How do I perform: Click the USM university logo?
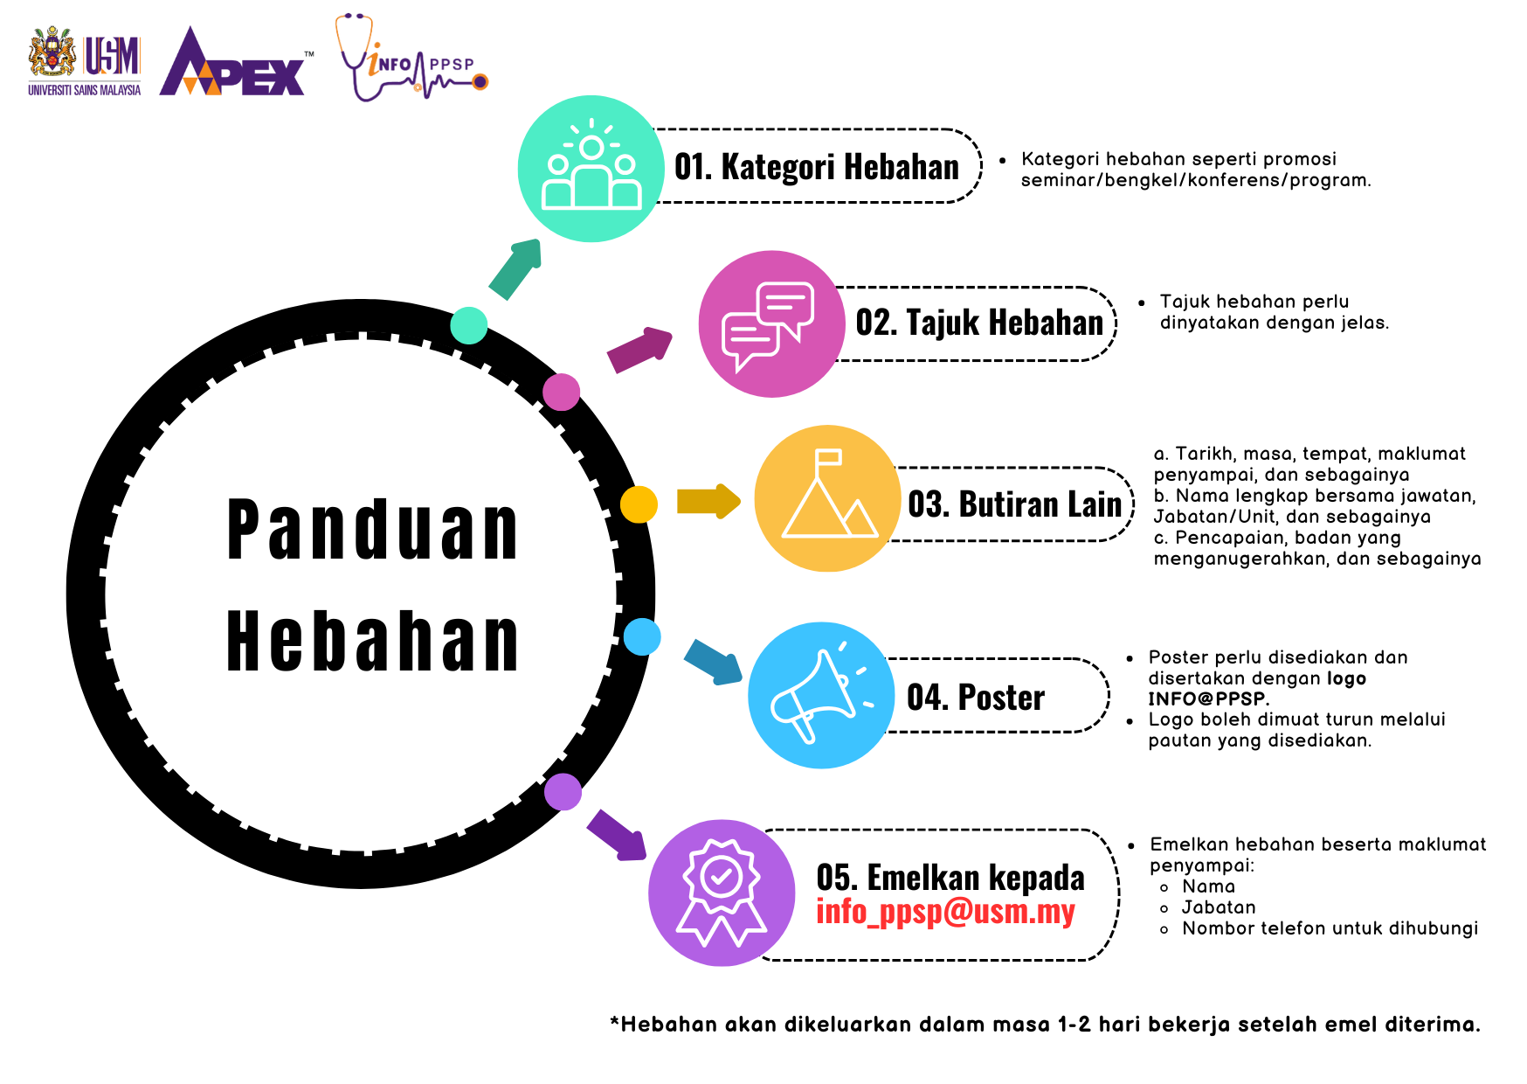click(85, 61)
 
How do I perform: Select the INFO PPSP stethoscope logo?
click(411, 58)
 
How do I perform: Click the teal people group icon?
click(591, 169)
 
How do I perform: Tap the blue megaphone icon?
click(822, 696)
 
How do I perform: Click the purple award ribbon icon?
click(722, 893)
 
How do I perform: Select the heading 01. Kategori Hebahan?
click(817, 166)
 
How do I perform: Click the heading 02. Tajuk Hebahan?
click(979, 323)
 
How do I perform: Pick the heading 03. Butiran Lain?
click(1015, 504)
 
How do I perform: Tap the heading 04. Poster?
click(976, 697)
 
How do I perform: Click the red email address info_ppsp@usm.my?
click(945, 911)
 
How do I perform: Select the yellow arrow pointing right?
click(708, 502)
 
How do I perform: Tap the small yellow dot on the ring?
click(639, 504)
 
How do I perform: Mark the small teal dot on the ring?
click(469, 325)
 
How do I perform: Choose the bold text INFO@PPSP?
click(1206, 698)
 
